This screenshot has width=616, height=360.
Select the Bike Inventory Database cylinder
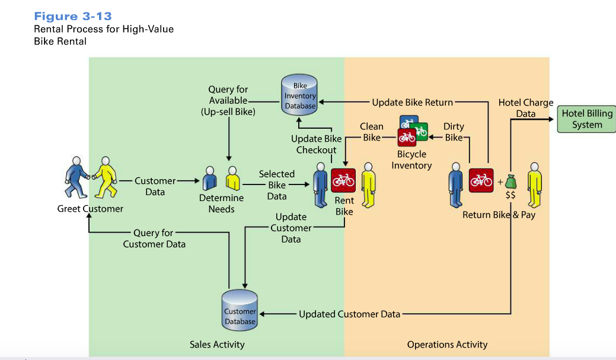[300, 96]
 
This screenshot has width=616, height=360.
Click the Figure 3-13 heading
[73, 16]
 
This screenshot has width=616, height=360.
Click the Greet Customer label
[90, 209]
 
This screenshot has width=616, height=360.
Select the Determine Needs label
[221, 203]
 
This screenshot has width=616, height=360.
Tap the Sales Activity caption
[217, 345]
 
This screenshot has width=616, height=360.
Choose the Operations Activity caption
[447, 345]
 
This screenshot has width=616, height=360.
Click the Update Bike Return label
[412, 102]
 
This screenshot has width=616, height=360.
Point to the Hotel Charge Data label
[526, 108]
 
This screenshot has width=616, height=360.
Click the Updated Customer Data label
[349, 314]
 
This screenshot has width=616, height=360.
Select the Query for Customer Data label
[154, 238]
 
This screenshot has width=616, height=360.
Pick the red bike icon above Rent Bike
[343, 180]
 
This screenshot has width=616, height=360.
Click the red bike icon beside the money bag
[481, 180]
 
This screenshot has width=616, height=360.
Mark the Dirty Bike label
[454, 132]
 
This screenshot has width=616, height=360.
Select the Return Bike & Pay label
[499, 215]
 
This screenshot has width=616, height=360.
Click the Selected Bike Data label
[276, 185]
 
